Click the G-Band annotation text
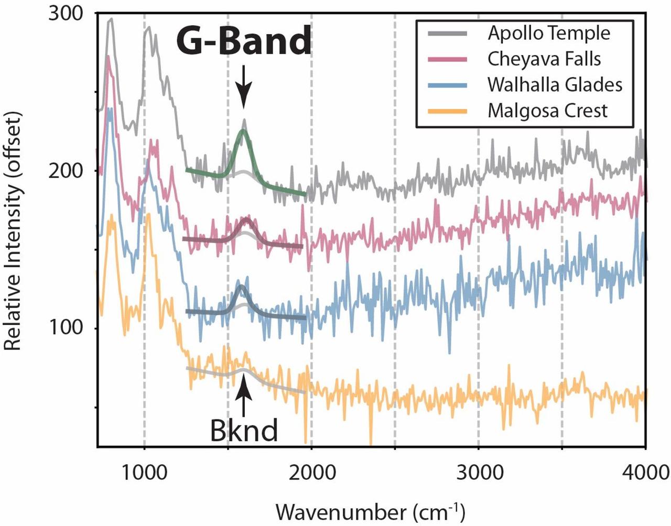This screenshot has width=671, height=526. point(244,41)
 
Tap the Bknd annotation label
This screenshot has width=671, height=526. point(244,431)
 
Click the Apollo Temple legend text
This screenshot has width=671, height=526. point(549,34)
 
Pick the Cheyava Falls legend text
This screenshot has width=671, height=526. point(544,59)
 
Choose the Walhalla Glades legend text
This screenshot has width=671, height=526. point(555,85)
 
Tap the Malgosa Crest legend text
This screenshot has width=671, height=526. point(547,111)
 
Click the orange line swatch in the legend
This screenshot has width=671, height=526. point(447,111)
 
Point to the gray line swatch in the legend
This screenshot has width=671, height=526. point(447,34)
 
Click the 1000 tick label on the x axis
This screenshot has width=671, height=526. point(144,473)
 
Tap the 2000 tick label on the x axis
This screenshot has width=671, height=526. point(311,473)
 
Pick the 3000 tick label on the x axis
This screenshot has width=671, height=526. point(479,473)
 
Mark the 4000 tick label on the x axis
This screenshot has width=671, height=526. point(645,473)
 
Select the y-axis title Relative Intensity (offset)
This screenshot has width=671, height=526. point(13,231)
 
